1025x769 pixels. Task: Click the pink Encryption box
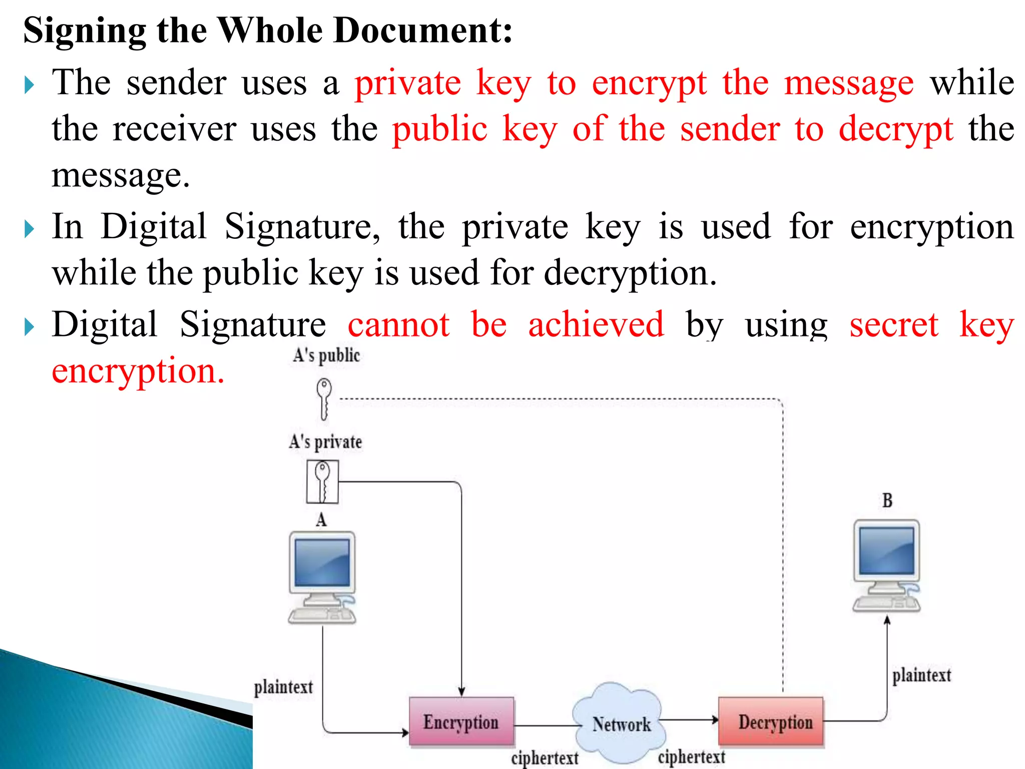(461, 721)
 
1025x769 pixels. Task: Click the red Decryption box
(771, 721)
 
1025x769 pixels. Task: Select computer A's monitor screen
(322, 562)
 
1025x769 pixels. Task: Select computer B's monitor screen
(886, 551)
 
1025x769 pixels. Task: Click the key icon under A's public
(324, 398)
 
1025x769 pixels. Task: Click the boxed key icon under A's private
(322, 482)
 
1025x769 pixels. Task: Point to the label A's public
(326, 355)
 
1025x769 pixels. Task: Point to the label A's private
(325, 442)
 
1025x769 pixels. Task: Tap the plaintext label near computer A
(283, 687)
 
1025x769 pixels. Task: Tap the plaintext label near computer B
(921, 675)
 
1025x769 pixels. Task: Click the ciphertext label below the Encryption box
(545, 757)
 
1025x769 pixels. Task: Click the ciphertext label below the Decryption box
(691, 756)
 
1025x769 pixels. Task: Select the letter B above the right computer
(887, 500)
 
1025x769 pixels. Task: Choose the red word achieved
(596, 324)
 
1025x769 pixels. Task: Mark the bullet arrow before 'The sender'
(30, 85)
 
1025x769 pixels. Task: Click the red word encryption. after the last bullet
(138, 371)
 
